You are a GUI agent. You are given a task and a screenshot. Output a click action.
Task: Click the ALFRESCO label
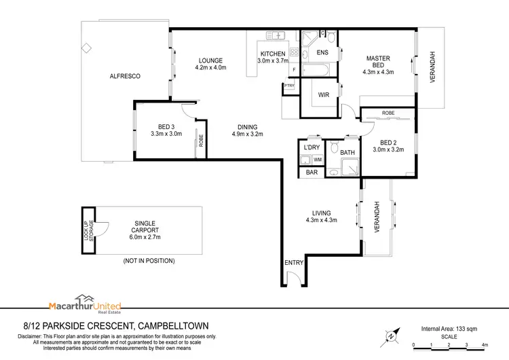coord(125,77)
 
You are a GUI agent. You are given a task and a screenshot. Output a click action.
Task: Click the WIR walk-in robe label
coord(324,96)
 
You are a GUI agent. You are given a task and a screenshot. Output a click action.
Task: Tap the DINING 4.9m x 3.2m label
coord(247,130)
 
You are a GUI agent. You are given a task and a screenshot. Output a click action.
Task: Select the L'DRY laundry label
coord(312,147)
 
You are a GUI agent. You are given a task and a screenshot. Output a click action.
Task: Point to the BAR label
coord(312,173)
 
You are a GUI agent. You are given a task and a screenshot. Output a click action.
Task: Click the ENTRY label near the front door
coord(293,262)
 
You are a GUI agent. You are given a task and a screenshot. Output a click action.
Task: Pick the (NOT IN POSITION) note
coord(149,261)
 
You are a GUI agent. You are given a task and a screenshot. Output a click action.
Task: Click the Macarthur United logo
coord(79,304)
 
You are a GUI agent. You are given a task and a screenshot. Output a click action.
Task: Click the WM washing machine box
coord(317,160)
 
